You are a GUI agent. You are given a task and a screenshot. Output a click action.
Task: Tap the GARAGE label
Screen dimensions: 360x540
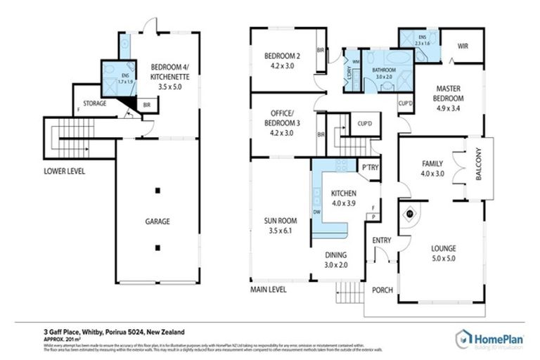click(158, 221)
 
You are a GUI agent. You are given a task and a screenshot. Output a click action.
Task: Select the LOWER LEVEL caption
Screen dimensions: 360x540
click(64, 170)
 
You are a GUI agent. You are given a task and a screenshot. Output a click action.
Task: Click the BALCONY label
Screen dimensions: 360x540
click(479, 170)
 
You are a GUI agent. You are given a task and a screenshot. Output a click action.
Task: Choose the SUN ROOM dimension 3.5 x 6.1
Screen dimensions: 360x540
click(280, 230)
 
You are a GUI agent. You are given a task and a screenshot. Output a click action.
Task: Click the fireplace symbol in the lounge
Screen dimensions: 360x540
click(410, 214)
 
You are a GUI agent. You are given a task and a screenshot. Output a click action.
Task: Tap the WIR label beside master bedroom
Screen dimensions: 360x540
click(463, 46)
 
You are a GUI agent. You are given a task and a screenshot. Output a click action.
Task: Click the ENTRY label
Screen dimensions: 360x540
click(381, 240)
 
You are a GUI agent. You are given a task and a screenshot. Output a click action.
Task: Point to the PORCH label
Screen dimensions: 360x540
click(382, 290)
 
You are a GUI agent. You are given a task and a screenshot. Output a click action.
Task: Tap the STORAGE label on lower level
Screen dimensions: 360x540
click(95, 103)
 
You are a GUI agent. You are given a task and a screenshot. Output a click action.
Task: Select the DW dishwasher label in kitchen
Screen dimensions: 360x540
click(318, 211)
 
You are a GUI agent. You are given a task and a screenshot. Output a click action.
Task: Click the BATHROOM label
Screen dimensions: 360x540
click(385, 70)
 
